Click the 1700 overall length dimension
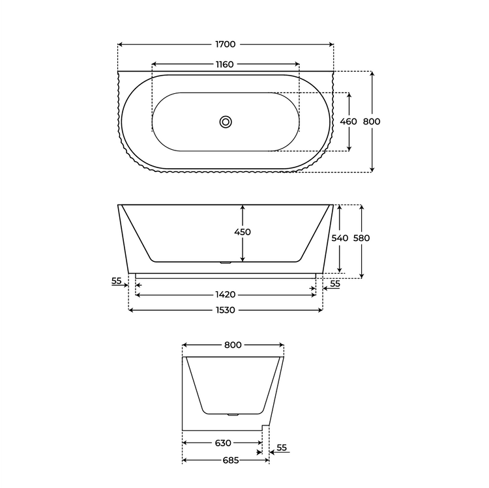coord(226,44)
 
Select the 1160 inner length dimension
coord(225,65)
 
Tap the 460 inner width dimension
coord(348,122)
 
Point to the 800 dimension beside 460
coord(372,122)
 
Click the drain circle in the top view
coord(226,122)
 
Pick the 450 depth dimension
coord(243,232)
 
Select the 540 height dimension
coord(340,238)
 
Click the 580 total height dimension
coord(361,238)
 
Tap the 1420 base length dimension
coord(226,294)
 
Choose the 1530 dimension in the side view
coord(226,310)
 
